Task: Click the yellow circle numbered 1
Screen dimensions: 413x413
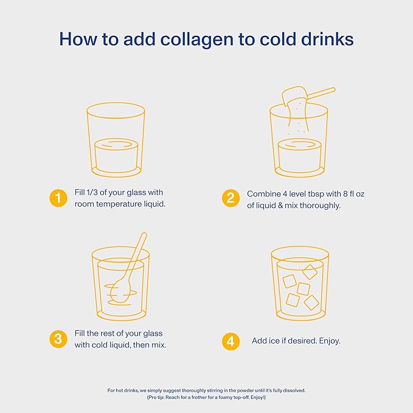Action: [58, 198]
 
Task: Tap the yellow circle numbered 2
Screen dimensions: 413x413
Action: [231, 198]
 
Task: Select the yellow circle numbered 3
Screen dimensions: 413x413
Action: [58, 339]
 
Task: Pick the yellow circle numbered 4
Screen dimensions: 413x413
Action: [231, 341]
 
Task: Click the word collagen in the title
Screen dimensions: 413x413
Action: [197, 40]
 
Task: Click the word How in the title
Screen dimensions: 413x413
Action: [78, 39]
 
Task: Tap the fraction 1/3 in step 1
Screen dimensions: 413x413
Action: [92, 192]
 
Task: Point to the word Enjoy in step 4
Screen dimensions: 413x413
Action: [328, 341]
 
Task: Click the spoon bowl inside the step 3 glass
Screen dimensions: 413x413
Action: [119, 291]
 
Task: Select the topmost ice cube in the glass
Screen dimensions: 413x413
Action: [310, 272]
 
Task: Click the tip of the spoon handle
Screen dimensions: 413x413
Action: [144, 234]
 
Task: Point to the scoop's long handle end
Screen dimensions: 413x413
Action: [333, 90]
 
